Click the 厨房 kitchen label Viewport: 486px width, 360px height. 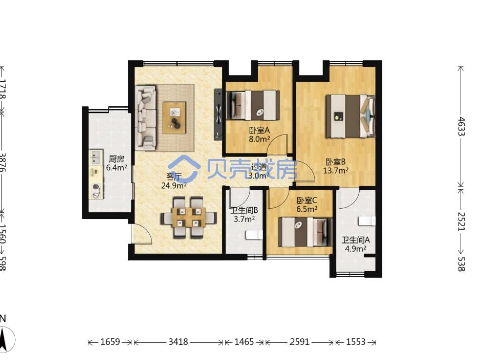(x=116, y=159)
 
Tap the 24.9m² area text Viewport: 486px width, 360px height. (x=174, y=186)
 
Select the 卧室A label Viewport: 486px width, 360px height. (x=260, y=131)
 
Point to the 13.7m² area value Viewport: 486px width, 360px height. (x=336, y=170)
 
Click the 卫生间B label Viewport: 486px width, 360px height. (x=244, y=211)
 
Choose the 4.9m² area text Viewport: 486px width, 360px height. (x=356, y=248)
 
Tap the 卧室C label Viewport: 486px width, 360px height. (x=306, y=200)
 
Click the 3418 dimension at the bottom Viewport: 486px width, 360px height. (x=178, y=342)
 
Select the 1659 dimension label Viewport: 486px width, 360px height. (x=110, y=342)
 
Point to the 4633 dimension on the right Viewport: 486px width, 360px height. (x=462, y=126)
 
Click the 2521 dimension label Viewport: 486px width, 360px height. (x=462, y=221)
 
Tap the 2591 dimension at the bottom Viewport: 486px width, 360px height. (x=300, y=342)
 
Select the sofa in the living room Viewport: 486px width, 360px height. (x=146, y=117)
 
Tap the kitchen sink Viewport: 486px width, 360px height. (x=96, y=157)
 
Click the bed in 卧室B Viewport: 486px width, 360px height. (x=350, y=116)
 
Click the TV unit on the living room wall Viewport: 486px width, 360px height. (x=219, y=115)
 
